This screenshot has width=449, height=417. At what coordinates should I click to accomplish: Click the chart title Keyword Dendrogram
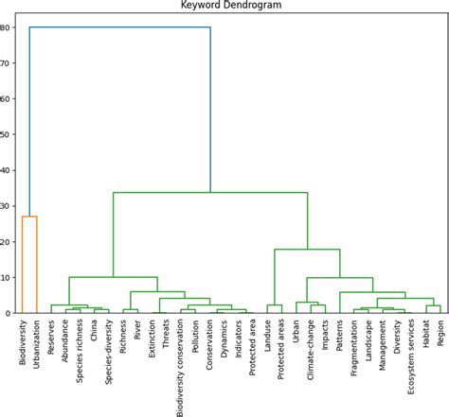point(230,6)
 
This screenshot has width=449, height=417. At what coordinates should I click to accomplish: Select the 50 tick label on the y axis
point(8,134)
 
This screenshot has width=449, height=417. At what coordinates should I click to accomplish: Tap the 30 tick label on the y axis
point(8,206)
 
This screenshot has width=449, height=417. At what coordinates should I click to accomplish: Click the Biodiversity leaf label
point(23,351)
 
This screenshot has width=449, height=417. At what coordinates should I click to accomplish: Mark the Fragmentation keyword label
point(354,356)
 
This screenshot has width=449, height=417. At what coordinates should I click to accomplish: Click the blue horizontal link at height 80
point(119,27)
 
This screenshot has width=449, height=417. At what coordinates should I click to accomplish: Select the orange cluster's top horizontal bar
point(29,217)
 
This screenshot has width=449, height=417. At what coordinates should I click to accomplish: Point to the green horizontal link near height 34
point(210,193)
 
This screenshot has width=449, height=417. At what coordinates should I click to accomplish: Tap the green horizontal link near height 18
point(307,250)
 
